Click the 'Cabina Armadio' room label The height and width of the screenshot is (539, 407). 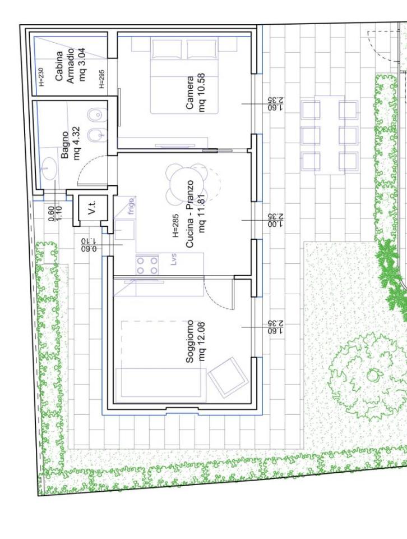(x=65, y=66)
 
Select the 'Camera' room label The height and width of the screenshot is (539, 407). (x=190, y=93)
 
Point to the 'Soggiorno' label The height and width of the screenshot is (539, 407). (x=190, y=342)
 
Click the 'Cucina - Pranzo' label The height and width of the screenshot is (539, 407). (x=190, y=214)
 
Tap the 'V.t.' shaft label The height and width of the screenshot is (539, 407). (x=92, y=208)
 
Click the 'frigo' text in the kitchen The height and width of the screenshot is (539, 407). (x=131, y=205)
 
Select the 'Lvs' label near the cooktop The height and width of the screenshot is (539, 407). (x=173, y=259)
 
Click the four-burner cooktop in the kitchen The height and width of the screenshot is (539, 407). (x=147, y=264)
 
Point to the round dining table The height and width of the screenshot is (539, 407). (x=187, y=183)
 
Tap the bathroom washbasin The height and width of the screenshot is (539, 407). (x=49, y=168)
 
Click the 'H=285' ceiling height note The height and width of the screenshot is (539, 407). (x=175, y=226)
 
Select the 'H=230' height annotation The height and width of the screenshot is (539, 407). (x=41, y=77)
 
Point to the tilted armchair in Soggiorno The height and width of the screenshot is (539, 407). (x=228, y=376)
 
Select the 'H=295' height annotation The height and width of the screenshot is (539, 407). (x=102, y=79)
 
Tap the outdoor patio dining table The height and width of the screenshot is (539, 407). (x=330, y=135)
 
